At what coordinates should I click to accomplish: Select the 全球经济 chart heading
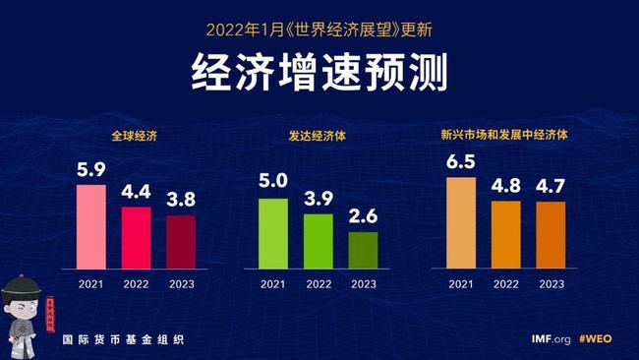click(135, 133)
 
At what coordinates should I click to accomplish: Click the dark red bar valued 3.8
click(181, 241)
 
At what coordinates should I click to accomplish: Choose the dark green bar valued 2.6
click(363, 250)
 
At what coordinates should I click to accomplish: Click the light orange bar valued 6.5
click(460, 222)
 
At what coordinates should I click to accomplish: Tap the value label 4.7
click(551, 187)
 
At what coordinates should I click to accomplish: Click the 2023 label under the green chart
click(363, 284)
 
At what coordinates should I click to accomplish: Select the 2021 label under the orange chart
click(460, 284)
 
